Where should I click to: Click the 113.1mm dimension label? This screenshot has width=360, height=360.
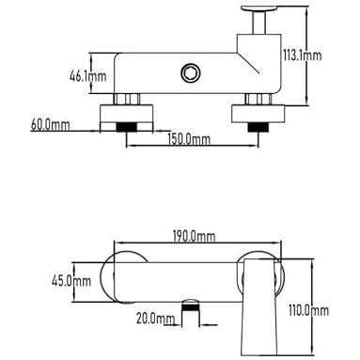pyautogui.click(x=303, y=55)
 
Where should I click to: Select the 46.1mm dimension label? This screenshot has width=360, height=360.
pyautogui.click(x=88, y=76)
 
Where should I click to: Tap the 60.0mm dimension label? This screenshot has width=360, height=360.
pyautogui.click(x=51, y=125)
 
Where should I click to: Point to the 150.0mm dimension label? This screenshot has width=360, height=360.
pyautogui.click(x=189, y=139)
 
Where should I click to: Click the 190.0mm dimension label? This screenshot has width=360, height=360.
pyautogui.click(x=195, y=236)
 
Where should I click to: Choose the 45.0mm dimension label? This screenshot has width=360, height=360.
pyautogui.click(x=71, y=280)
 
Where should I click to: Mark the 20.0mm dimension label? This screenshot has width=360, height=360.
pyautogui.click(x=155, y=319)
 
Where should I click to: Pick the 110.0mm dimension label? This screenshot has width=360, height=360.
pyautogui.click(x=308, y=310)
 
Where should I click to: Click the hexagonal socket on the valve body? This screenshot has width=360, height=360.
pyautogui.click(x=190, y=73)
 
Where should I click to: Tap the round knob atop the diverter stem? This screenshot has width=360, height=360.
pyautogui.click(x=259, y=8)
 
